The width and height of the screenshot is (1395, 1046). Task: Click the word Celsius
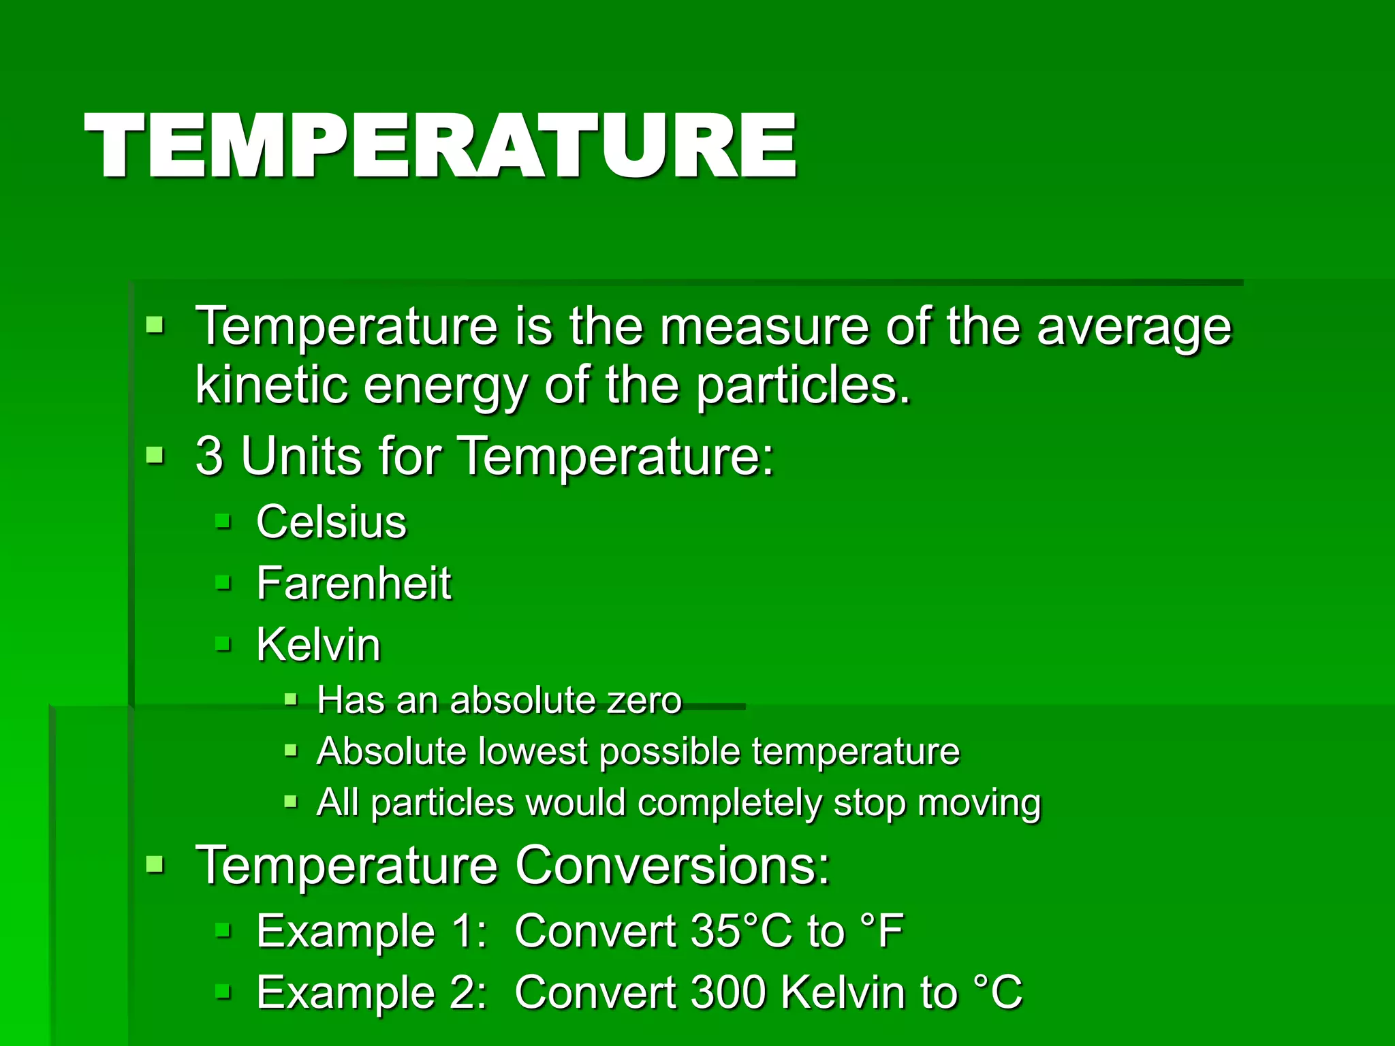[x=331, y=522]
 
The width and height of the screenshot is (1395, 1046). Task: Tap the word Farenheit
[x=354, y=584]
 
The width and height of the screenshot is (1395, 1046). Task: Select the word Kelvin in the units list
[x=318, y=644]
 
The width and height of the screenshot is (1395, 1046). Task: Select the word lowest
[x=532, y=751]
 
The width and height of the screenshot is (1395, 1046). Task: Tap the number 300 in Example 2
[x=729, y=992]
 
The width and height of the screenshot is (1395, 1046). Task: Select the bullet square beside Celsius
[x=223, y=522]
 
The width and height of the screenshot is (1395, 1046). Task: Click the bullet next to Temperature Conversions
[x=155, y=865]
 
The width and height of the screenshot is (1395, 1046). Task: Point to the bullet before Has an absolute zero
[x=291, y=699]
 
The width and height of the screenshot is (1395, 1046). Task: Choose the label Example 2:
[x=371, y=992]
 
